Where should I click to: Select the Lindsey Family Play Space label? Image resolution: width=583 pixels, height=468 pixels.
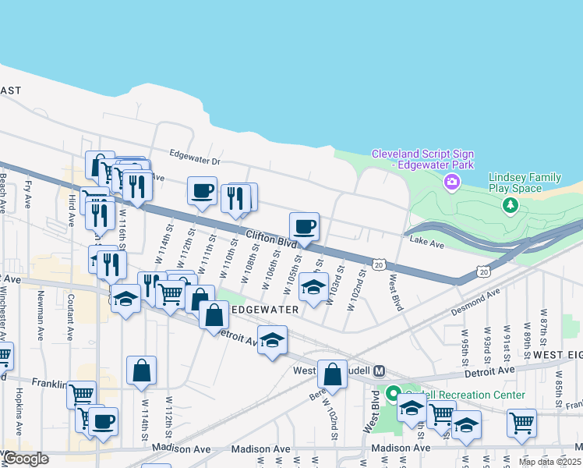[525, 183]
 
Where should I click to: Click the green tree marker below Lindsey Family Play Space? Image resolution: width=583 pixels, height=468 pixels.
[511, 205]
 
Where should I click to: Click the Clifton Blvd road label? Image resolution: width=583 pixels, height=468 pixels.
[272, 239]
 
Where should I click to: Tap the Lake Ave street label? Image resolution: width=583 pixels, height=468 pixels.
[426, 244]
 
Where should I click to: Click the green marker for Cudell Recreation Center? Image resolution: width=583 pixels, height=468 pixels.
[394, 394]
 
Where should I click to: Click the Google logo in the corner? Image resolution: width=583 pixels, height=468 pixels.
[25, 459]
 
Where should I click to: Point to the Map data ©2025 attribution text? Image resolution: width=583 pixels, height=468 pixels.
[550, 462]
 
